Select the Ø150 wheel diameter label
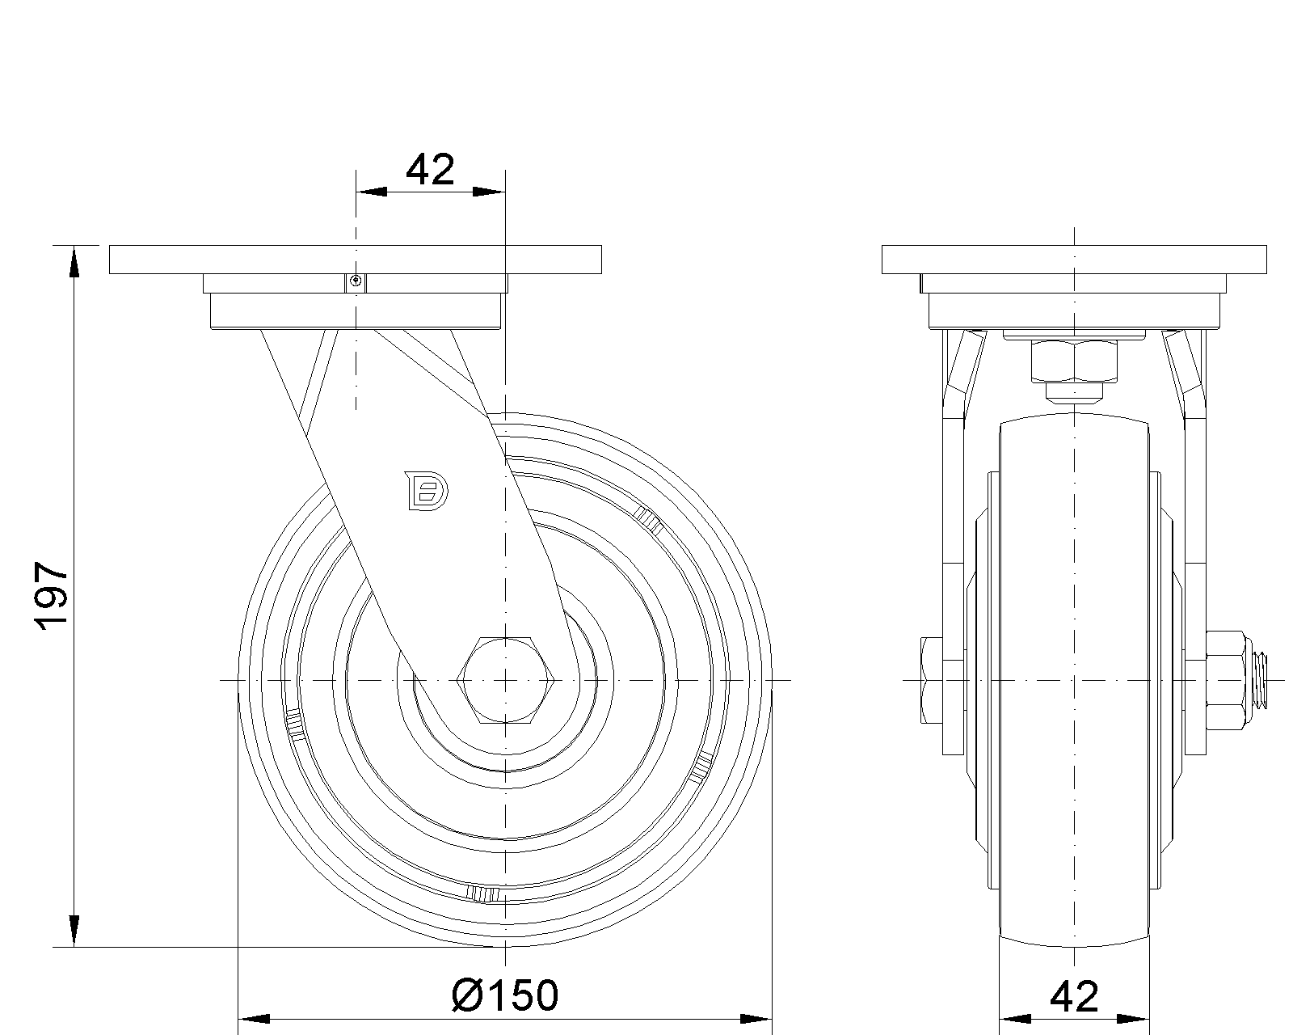coord(505,995)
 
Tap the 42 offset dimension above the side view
coord(430,170)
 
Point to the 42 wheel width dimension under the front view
coord(1074,996)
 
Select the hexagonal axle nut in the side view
coord(505,679)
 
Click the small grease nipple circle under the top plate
coord(356,281)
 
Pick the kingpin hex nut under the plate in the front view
coord(1074,361)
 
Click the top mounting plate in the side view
coord(355,260)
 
